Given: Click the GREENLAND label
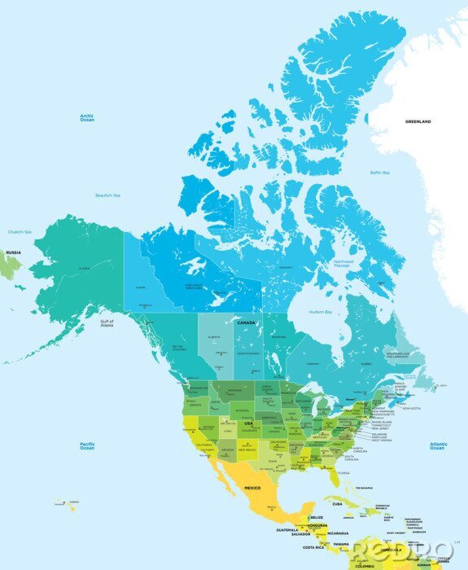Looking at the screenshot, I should [418, 121].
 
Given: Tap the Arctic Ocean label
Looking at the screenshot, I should [87, 118].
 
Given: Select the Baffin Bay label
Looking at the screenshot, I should [380, 173].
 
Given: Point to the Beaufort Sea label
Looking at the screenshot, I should [107, 195].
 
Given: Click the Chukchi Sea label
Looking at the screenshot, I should [20, 232].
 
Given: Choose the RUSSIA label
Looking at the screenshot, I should [13, 252].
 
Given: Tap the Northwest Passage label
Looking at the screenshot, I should [343, 263].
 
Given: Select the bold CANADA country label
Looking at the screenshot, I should [246, 322].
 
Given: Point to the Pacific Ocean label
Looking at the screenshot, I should [87, 445].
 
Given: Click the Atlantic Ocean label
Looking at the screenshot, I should [438, 445].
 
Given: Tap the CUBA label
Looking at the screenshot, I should [337, 503].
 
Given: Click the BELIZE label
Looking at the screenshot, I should [317, 517].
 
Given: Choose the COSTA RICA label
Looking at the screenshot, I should [313, 547].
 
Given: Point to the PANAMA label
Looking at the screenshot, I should [341, 544].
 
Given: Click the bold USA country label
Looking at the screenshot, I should [249, 423].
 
